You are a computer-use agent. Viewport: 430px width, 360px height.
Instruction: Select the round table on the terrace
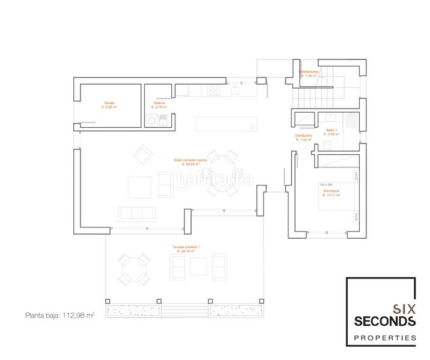coord(133,269)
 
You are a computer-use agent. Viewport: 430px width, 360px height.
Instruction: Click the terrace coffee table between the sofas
coord(199,266)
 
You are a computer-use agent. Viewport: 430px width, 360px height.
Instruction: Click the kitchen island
coord(227,124)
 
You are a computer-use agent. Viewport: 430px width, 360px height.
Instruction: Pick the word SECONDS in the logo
coord(385,322)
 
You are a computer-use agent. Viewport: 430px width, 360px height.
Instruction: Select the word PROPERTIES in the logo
coord(385,338)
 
